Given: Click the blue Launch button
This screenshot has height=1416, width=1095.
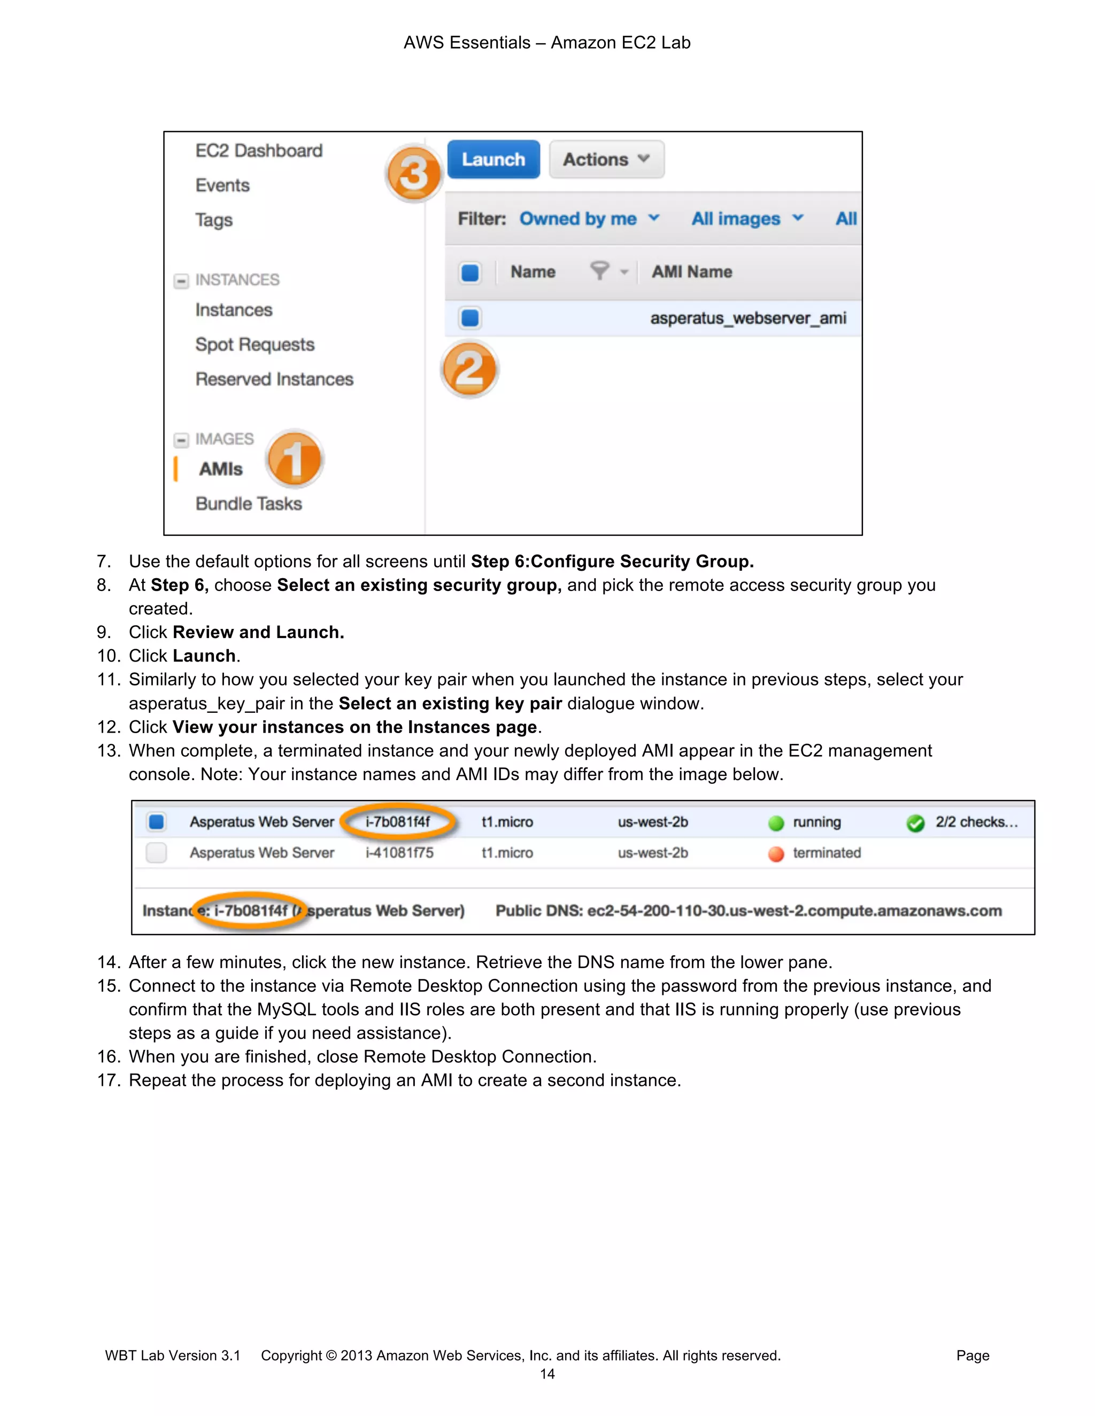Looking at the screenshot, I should [x=493, y=159].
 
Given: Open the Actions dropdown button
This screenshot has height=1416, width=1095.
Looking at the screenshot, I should [x=606, y=159].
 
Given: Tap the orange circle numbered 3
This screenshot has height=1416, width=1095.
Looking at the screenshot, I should [x=414, y=174].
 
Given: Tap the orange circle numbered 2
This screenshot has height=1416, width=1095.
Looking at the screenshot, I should [x=469, y=370].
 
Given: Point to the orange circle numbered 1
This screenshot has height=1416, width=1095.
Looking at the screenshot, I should [x=295, y=458].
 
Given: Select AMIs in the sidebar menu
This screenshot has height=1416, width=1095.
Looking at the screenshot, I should [x=221, y=469].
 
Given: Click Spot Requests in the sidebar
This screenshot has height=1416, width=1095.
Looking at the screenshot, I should [x=255, y=344].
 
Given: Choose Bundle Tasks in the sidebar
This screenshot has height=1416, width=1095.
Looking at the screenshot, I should [x=249, y=504].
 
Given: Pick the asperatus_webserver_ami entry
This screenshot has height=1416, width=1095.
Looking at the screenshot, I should [x=747, y=318].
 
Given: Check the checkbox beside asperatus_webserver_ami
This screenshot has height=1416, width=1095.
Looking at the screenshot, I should [x=469, y=318].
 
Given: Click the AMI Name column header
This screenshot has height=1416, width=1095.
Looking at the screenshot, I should [x=691, y=271].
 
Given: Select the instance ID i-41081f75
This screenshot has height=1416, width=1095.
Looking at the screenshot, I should [x=399, y=853].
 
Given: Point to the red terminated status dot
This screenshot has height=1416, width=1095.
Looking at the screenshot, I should [x=776, y=854].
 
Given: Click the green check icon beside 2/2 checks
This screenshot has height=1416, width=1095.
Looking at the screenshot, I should [x=915, y=823].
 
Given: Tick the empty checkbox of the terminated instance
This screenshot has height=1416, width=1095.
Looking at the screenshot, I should [x=156, y=853].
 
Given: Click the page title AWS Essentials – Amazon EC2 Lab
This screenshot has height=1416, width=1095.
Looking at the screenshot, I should [x=547, y=43].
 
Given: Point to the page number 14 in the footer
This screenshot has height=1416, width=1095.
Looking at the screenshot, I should [x=547, y=1374].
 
